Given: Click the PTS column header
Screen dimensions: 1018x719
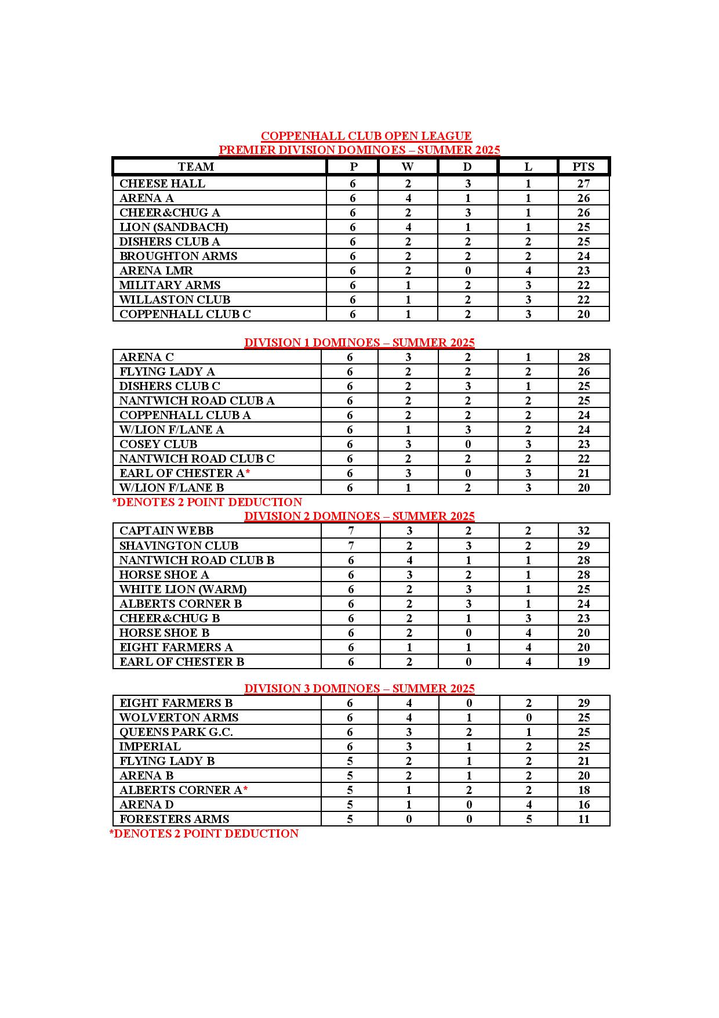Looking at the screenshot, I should [x=583, y=167].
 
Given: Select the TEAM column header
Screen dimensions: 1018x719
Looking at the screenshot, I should [x=196, y=167].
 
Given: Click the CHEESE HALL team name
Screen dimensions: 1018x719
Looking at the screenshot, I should [x=162, y=183].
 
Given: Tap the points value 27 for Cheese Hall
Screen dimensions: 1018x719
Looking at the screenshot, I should [x=583, y=183].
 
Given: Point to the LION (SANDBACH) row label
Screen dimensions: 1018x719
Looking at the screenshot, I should [x=173, y=227].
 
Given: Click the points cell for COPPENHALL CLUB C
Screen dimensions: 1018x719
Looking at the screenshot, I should [x=583, y=314].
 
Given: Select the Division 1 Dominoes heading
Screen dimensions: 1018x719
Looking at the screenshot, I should [x=359, y=342].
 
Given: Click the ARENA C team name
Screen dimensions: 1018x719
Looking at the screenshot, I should [x=146, y=357].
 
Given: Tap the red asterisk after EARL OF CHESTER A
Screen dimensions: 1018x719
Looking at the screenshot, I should [x=248, y=473].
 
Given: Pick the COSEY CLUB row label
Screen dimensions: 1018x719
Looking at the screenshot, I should [x=158, y=444].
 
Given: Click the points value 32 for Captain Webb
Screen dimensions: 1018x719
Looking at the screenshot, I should [x=583, y=530].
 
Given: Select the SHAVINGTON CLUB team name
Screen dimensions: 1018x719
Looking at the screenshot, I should [x=179, y=546].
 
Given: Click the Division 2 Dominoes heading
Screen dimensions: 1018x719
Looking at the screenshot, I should [x=359, y=516].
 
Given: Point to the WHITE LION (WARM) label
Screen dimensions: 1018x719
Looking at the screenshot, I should [x=183, y=589].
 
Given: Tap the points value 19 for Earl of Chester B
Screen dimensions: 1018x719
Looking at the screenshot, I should [x=583, y=662].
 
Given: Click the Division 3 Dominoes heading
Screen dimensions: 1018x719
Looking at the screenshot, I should [x=359, y=688].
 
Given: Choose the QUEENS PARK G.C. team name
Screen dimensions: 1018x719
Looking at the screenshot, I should [x=176, y=732].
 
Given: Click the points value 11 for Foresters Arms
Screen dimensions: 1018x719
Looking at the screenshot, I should [x=583, y=819].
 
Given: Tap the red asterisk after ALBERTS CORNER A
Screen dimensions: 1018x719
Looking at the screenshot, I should [x=245, y=790].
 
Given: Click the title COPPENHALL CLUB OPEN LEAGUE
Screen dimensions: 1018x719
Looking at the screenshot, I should [x=366, y=136].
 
